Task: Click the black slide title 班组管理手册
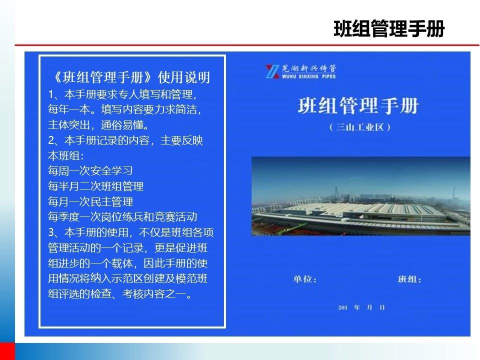[389, 29]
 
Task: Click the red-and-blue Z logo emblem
[272, 71]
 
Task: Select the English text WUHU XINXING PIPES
[309, 76]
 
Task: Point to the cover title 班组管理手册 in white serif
[358, 105]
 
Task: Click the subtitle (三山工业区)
[359, 127]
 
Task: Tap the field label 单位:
[304, 279]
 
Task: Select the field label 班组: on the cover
[409, 279]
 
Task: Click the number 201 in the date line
[342, 307]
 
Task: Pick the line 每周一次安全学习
[90, 171]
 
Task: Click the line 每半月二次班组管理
[96, 186]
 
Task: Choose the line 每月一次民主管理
[90, 201]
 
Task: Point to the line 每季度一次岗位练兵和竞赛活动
[122, 217]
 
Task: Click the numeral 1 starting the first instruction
[51, 94]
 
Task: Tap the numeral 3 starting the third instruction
[51, 232]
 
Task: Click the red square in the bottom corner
[7, 351]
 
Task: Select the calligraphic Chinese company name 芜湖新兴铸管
[309, 68]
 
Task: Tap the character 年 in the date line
[357, 307]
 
